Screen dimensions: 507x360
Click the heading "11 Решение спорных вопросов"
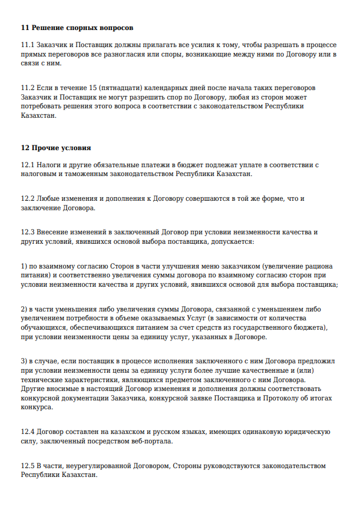pos(77,28)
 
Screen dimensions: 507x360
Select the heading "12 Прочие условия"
pos(56,147)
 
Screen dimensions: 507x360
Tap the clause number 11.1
pos(28,45)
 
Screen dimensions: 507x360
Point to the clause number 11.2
pos(28,88)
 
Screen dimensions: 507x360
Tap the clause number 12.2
pos(28,199)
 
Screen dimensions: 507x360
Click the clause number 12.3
pos(28,233)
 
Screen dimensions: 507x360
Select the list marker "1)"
pos(24,267)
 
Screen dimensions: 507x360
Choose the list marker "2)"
pos(24,309)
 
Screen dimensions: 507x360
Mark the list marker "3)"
pos(24,361)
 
